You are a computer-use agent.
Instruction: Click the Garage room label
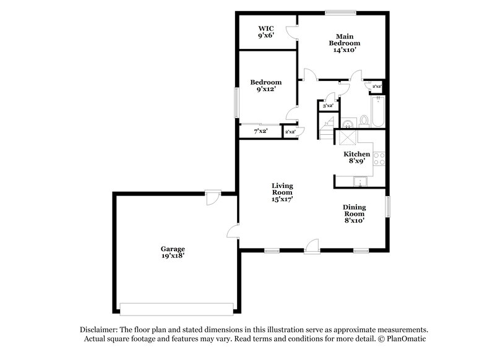point(173,249)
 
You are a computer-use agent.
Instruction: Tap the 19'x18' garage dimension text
point(173,256)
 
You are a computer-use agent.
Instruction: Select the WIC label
point(266,28)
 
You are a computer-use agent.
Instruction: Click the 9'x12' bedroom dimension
point(266,89)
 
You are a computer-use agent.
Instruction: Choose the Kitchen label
point(357,153)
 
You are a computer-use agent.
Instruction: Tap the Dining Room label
point(355,210)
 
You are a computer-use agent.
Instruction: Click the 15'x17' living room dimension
point(282,199)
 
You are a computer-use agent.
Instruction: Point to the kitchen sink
point(358,181)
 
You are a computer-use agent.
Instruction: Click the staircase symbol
point(327,127)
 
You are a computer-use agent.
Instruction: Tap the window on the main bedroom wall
point(340,11)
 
